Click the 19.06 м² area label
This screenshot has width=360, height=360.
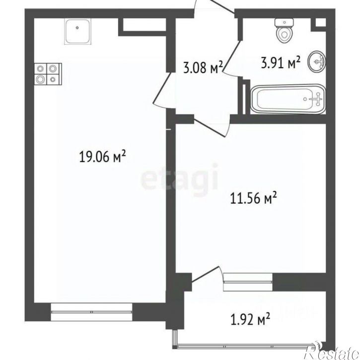pyautogui.click(x=102, y=157)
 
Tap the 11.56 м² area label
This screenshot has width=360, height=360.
pyautogui.click(x=253, y=198)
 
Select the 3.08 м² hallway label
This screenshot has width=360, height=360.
pyautogui.click(x=203, y=68)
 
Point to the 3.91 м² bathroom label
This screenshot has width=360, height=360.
pyautogui.click(x=281, y=63)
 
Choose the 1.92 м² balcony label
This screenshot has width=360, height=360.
pyautogui.click(x=250, y=319)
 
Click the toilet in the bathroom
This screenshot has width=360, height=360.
pyautogui.click(x=285, y=31)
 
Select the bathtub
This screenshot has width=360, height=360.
pyautogui.click(x=288, y=99)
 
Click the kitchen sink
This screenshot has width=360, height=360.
pyautogui.click(x=77, y=31)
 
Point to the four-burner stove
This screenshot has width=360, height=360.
pyautogui.click(x=48, y=74)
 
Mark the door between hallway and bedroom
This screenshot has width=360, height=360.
pyautogui.click(x=211, y=128)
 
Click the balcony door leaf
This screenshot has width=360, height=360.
pyautogui.click(x=205, y=274)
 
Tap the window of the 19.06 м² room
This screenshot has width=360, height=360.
pyautogui.click(x=91, y=312)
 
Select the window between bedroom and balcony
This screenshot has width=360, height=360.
pyautogui.click(x=248, y=282)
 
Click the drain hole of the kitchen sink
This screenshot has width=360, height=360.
pyautogui.click(x=77, y=28)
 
